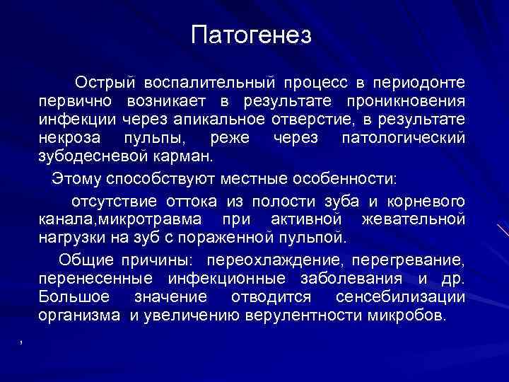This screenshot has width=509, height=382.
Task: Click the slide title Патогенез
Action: (x=251, y=35)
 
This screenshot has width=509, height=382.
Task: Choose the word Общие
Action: (x=84, y=258)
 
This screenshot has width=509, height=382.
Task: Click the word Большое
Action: (x=73, y=296)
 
